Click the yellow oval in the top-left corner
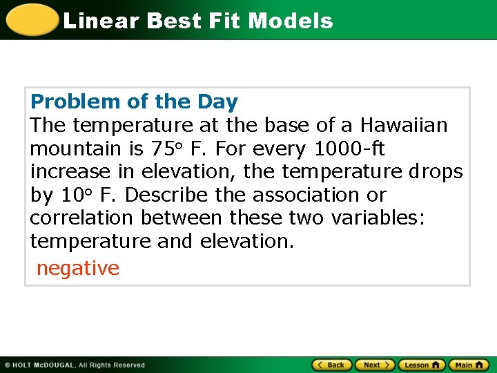[x=32, y=19]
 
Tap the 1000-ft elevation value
[x=349, y=149]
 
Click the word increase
[x=70, y=172]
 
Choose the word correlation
[x=82, y=218]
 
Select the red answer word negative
[x=77, y=268]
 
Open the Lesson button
[x=422, y=365]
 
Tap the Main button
[x=469, y=365]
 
